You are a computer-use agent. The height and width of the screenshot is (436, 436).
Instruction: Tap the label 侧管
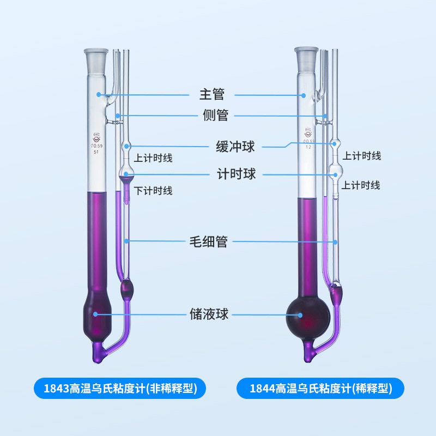pos(214,116)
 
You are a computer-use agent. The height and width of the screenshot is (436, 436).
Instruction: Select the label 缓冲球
pos(235,146)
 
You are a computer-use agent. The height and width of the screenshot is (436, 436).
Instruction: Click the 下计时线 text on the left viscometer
pos(153,191)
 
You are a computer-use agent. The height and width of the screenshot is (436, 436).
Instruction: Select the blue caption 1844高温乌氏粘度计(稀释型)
pos(320,389)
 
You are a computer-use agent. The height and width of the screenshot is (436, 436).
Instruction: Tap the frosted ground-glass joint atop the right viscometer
pos(306,57)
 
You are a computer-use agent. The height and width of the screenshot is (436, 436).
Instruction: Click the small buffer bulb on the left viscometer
pos(126,146)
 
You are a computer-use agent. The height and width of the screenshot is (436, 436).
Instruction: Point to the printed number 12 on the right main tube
pos(308,147)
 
